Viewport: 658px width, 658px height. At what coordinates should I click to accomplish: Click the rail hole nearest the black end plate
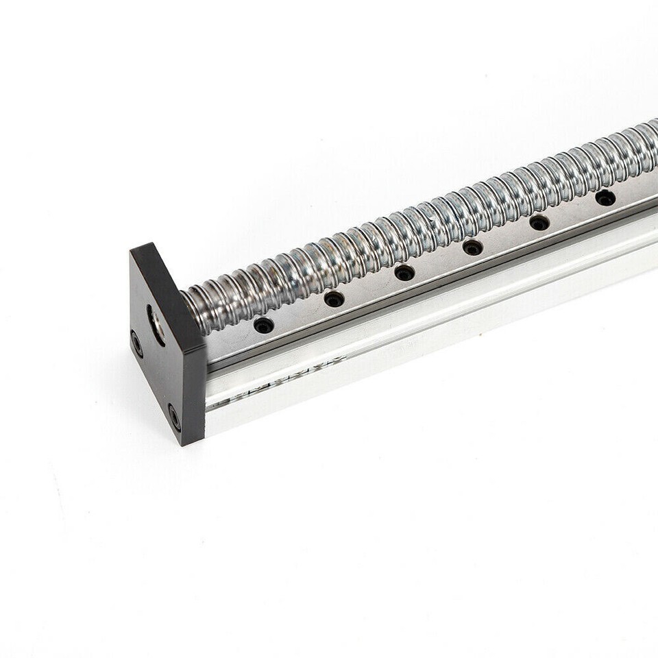coord(264,325)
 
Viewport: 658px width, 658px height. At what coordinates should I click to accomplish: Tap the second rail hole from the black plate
coord(334,299)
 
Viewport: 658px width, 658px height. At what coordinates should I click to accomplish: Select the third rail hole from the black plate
coord(404,273)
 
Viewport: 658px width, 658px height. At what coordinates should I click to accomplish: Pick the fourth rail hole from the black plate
coord(472,247)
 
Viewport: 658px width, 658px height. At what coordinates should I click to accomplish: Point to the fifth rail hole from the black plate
coord(539,223)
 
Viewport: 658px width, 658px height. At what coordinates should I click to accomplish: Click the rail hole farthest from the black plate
coord(605,198)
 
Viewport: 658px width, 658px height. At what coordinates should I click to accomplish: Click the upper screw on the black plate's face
coord(137,343)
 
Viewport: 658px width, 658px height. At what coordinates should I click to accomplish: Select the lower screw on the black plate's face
coord(175,416)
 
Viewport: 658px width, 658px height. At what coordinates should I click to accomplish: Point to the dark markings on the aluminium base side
coord(247,397)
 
